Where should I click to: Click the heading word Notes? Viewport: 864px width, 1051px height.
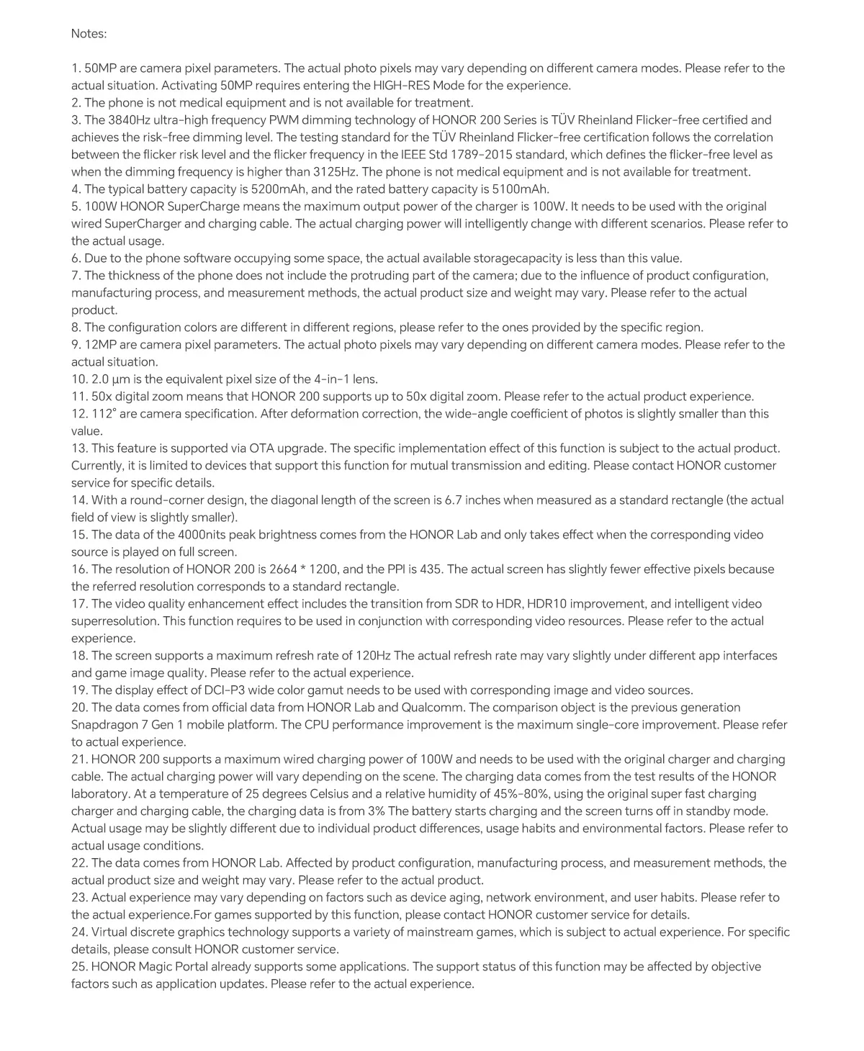point(89,33)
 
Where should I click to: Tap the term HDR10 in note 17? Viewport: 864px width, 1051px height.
point(552,604)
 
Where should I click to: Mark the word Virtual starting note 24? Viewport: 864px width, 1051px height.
point(113,932)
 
